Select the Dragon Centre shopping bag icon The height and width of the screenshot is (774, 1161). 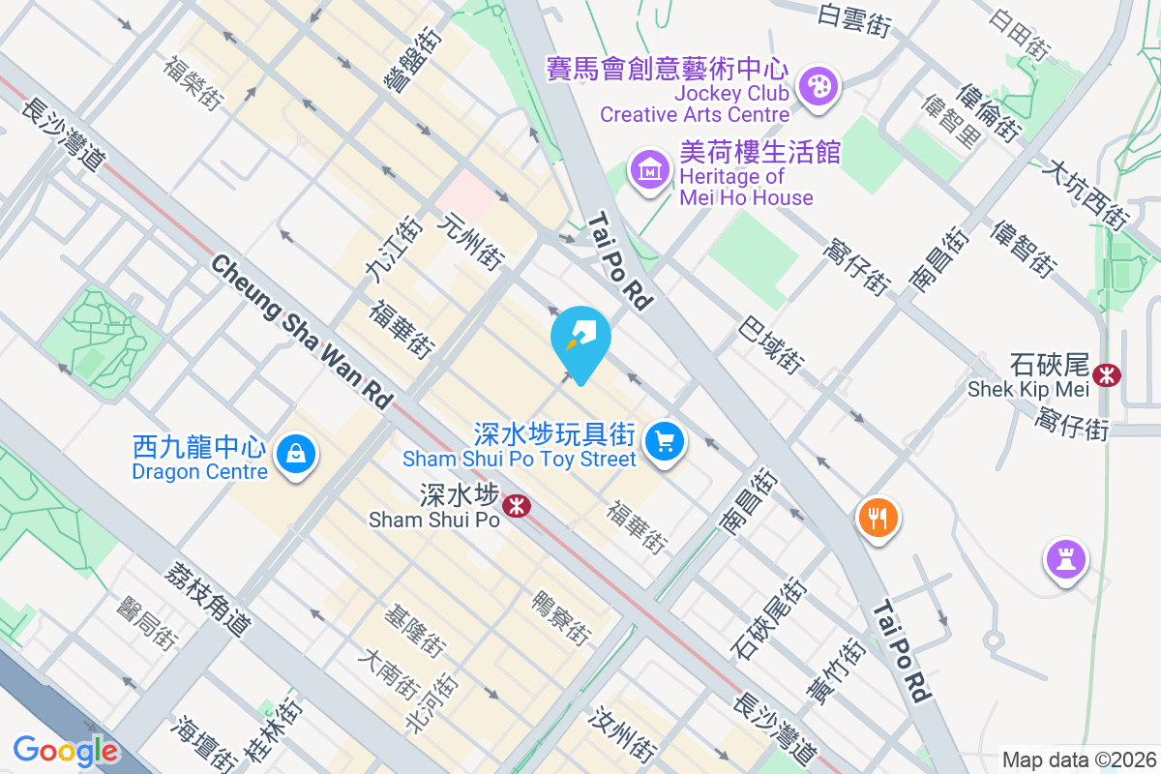[x=296, y=453]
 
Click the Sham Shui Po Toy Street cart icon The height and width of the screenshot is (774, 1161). [x=664, y=441]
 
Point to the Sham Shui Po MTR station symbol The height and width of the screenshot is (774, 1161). [x=515, y=505]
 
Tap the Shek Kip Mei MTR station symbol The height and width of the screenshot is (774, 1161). [x=1106, y=373]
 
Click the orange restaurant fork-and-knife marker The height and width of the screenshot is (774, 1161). [x=878, y=517]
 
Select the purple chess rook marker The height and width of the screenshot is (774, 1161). [x=1065, y=558]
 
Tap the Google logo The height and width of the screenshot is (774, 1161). [x=66, y=751]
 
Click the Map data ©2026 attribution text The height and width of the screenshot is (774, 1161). [x=1078, y=760]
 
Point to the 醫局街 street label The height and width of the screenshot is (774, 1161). [x=147, y=622]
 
